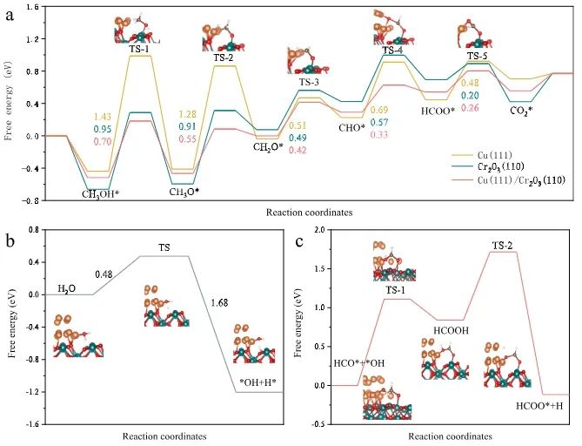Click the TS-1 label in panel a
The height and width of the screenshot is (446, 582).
click(x=139, y=49)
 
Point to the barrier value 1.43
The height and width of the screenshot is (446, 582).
click(x=103, y=117)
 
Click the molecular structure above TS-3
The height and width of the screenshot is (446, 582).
click(x=307, y=61)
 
